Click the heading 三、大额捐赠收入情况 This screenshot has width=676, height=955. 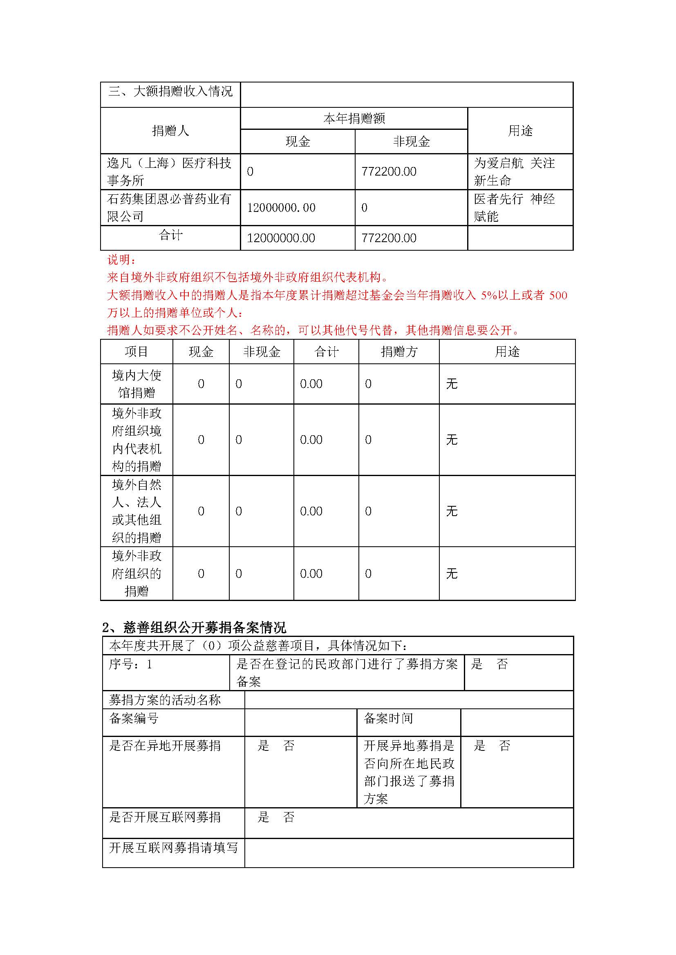coord(170,91)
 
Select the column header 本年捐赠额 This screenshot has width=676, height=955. coord(354,119)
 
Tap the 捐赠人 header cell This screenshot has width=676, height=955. coord(170,131)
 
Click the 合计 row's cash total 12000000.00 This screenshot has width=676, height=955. coord(281,238)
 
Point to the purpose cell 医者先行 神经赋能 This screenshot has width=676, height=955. coord(514,207)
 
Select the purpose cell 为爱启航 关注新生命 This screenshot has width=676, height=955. coord(514,172)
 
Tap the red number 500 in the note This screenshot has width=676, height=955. coord(558,296)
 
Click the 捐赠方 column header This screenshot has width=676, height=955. coord(399,352)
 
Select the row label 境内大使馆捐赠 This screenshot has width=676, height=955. coord(137,384)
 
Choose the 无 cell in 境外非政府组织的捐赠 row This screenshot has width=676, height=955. coord(452,574)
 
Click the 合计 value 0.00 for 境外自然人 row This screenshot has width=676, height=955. coord(311,512)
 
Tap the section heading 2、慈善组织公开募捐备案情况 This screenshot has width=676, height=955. coord(194,628)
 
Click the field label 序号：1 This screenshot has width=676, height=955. coord(130,664)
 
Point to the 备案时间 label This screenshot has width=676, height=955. coord(388,718)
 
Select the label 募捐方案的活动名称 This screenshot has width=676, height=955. coord(165,700)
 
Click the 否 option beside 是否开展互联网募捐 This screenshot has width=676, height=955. coord(289,817)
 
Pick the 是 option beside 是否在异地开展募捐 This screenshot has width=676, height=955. coord(264,746)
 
